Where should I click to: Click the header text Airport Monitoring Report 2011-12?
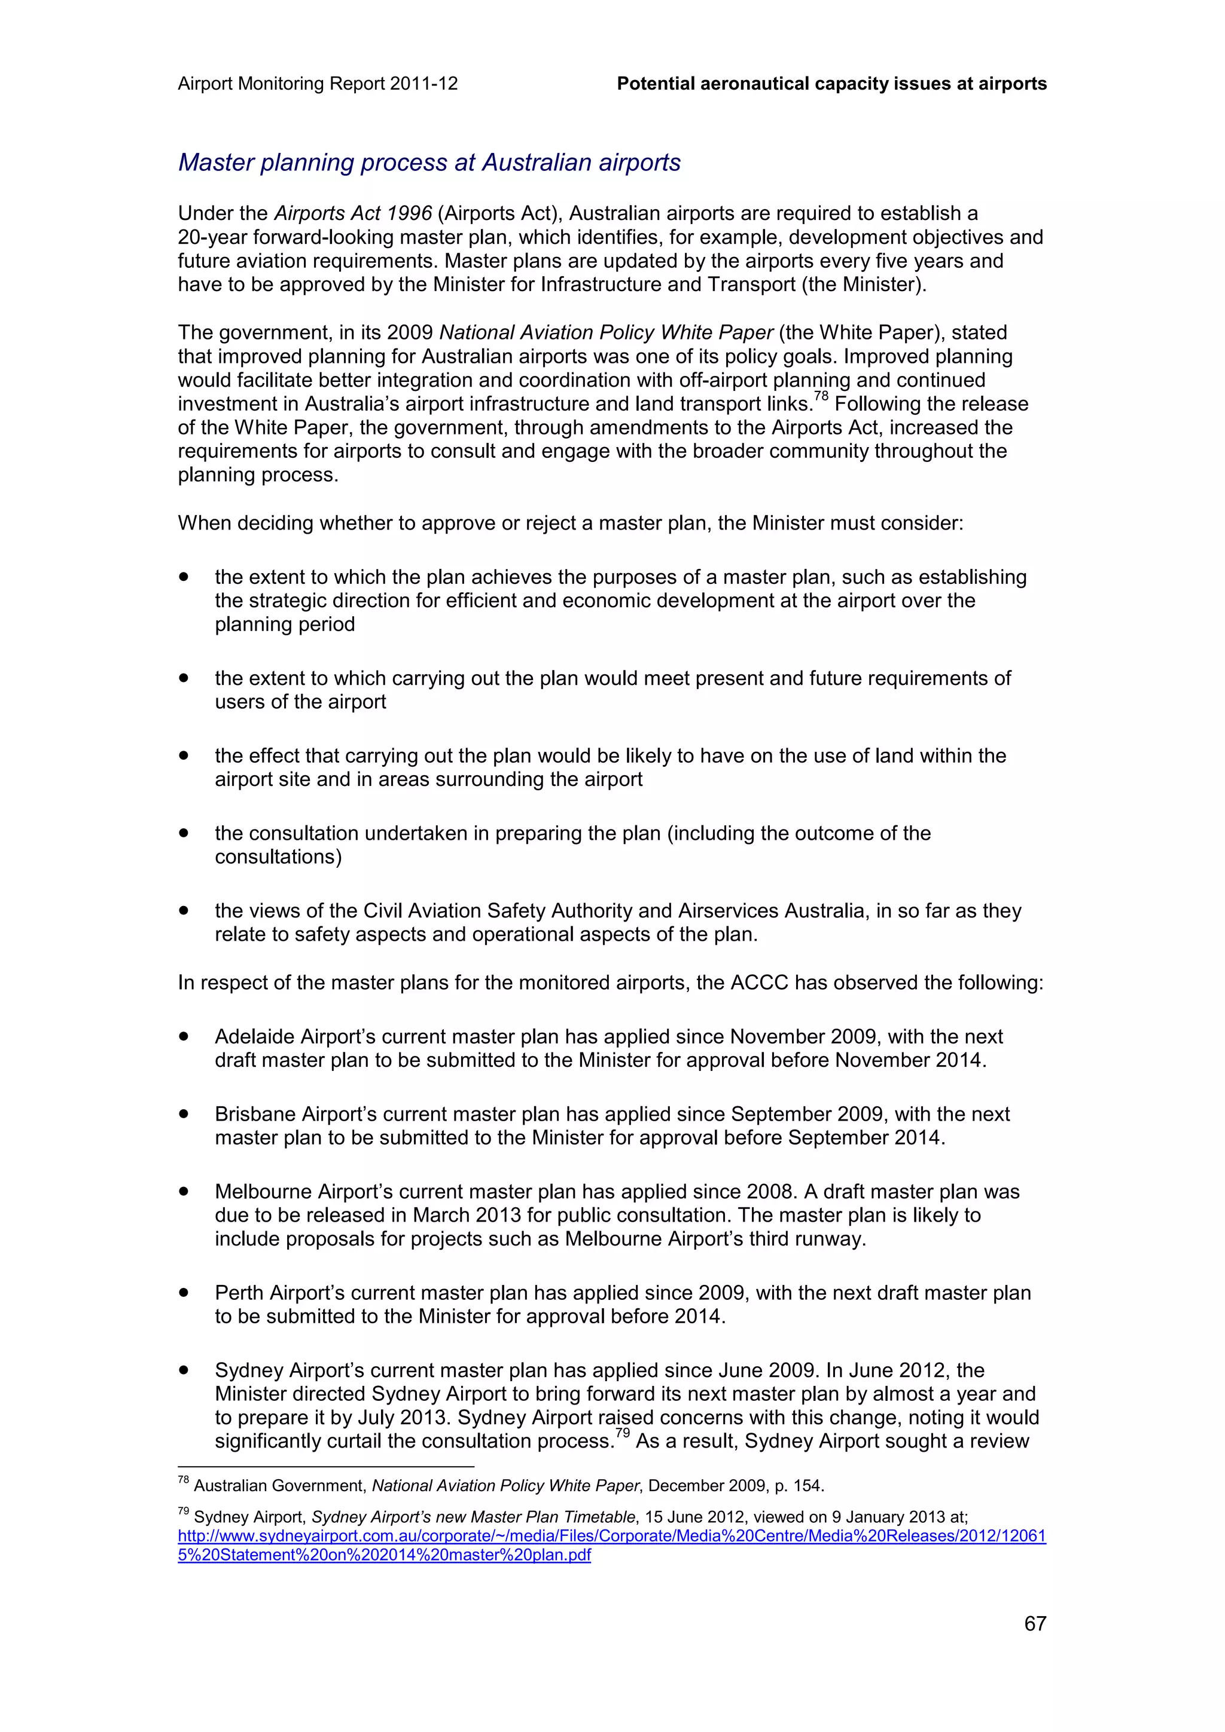(x=318, y=84)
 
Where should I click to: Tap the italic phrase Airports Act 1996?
(x=352, y=213)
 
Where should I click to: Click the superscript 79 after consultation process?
(x=622, y=1434)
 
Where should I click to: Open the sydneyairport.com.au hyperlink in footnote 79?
(x=611, y=1537)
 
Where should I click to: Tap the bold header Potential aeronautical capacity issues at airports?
(x=831, y=84)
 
